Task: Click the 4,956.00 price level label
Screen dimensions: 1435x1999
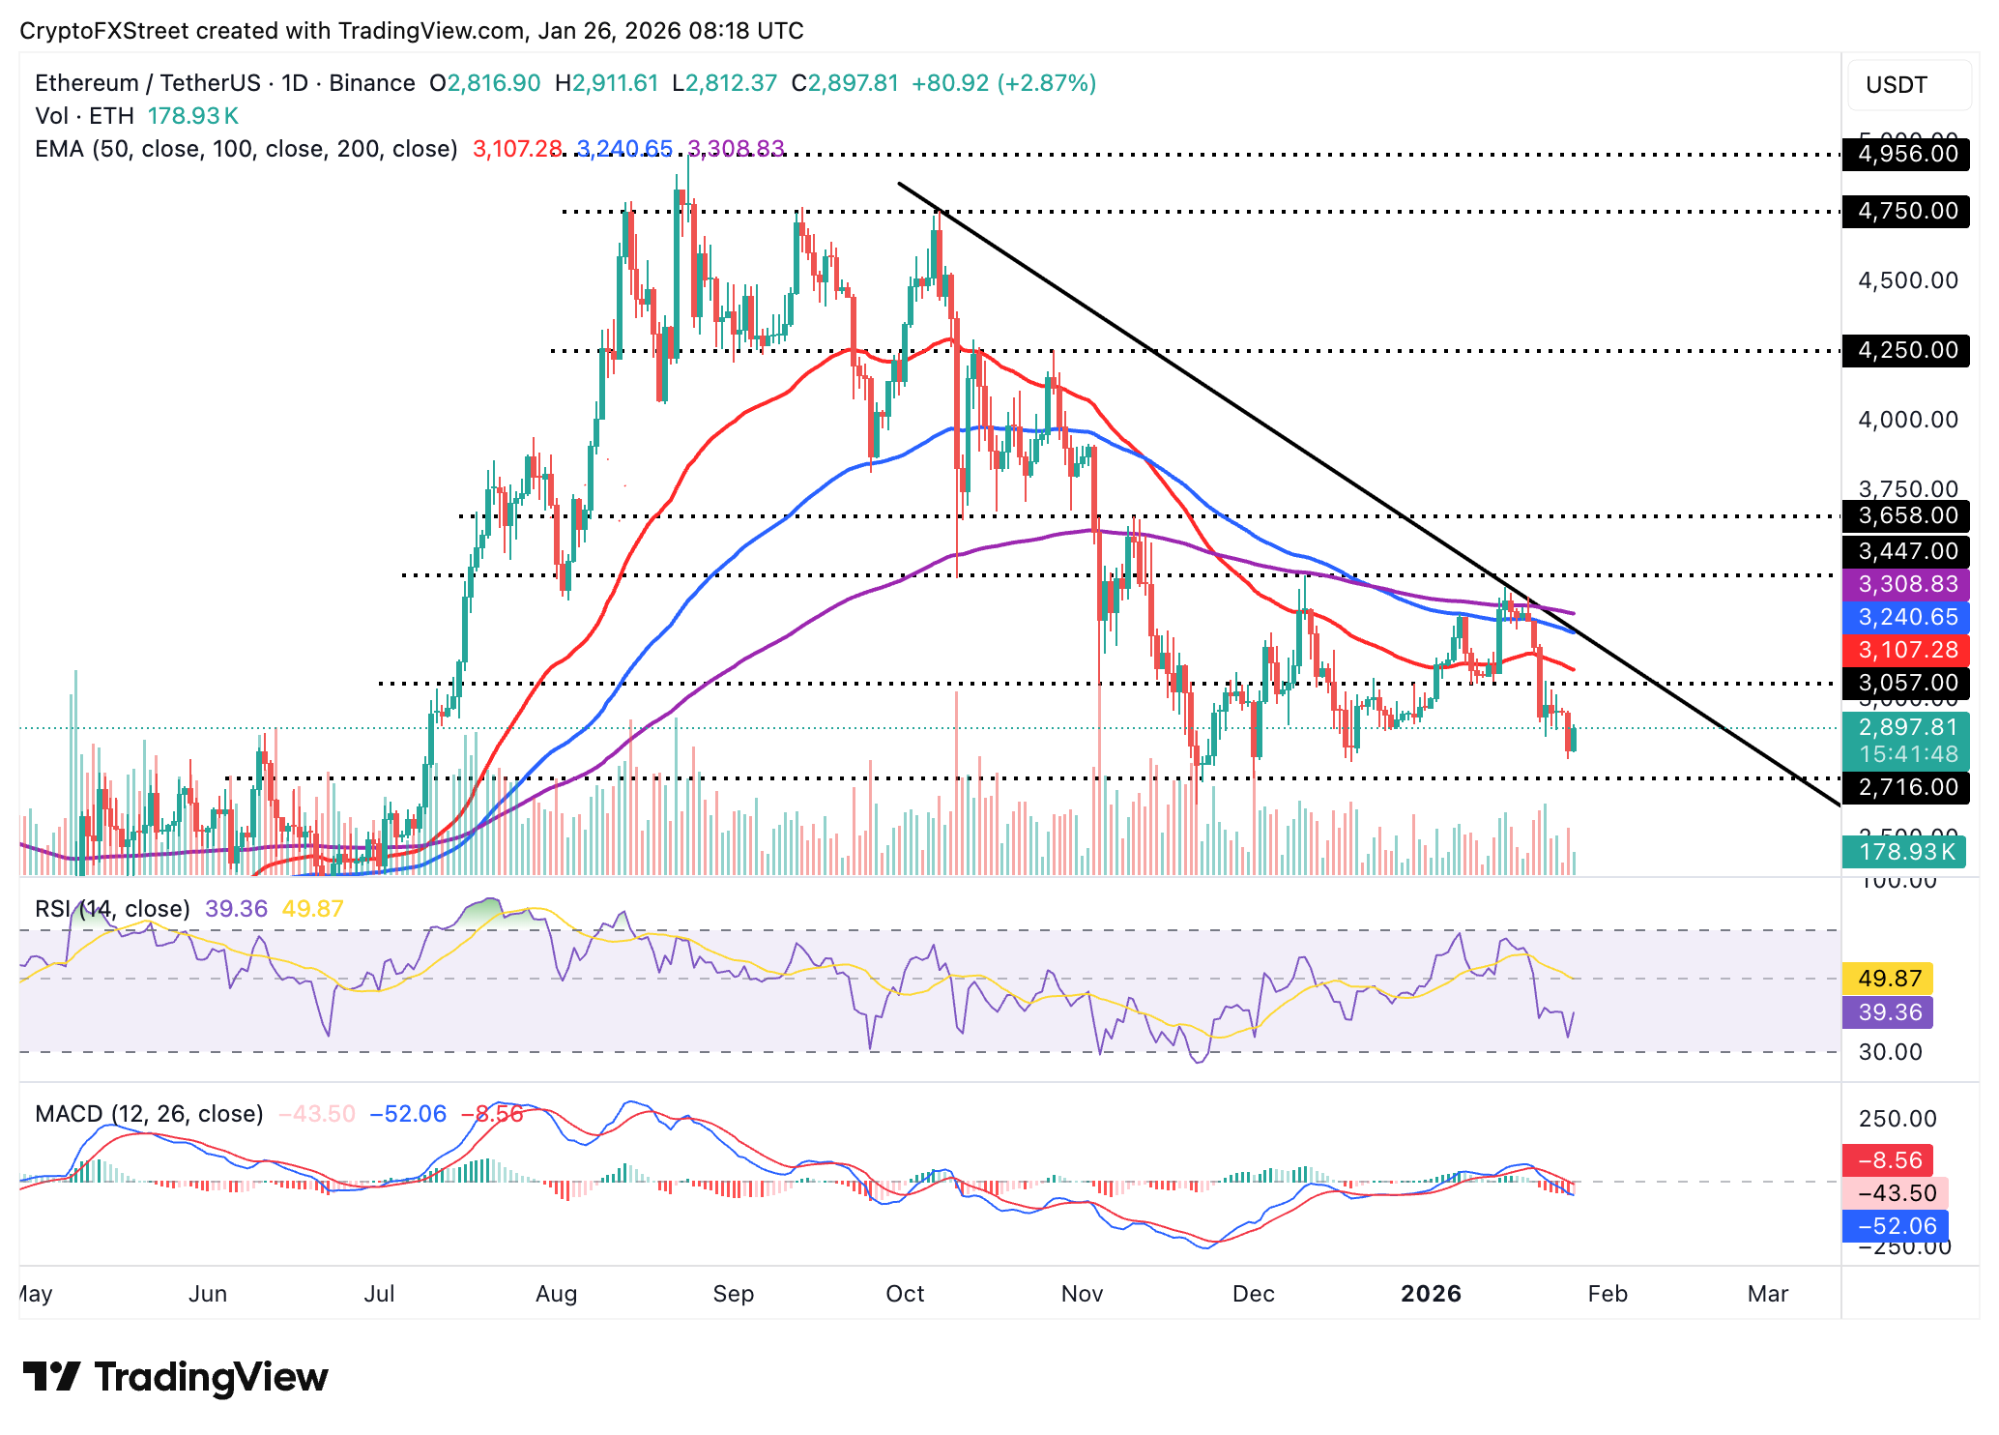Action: click(x=1906, y=155)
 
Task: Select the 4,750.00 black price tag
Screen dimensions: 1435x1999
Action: click(x=1906, y=212)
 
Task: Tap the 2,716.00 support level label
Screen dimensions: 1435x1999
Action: click(x=1906, y=787)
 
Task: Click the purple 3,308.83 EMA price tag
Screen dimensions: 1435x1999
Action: click(x=1906, y=584)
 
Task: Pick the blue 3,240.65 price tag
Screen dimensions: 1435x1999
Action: click(x=1906, y=617)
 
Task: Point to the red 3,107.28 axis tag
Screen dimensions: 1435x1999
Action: click(x=1906, y=650)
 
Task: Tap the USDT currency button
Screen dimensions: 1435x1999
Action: click(x=1897, y=85)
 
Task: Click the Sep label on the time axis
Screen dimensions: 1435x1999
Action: click(x=733, y=1294)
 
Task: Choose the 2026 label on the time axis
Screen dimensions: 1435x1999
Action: click(x=1431, y=1294)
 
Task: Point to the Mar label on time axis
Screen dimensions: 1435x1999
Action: click(x=1767, y=1294)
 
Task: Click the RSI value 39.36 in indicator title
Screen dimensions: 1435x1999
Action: click(x=236, y=909)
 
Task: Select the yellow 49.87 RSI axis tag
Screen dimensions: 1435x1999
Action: click(x=1889, y=979)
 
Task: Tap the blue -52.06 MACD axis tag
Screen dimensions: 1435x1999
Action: click(x=1897, y=1226)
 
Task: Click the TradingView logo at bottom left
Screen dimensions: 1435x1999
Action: click(x=176, y=1377)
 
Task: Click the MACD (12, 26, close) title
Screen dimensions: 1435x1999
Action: click(x=149, y=1114)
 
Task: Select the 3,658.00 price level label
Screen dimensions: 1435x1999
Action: click(x=1906, y=516)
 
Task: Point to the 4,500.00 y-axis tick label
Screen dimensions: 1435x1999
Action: click(x=1906, y=281)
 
